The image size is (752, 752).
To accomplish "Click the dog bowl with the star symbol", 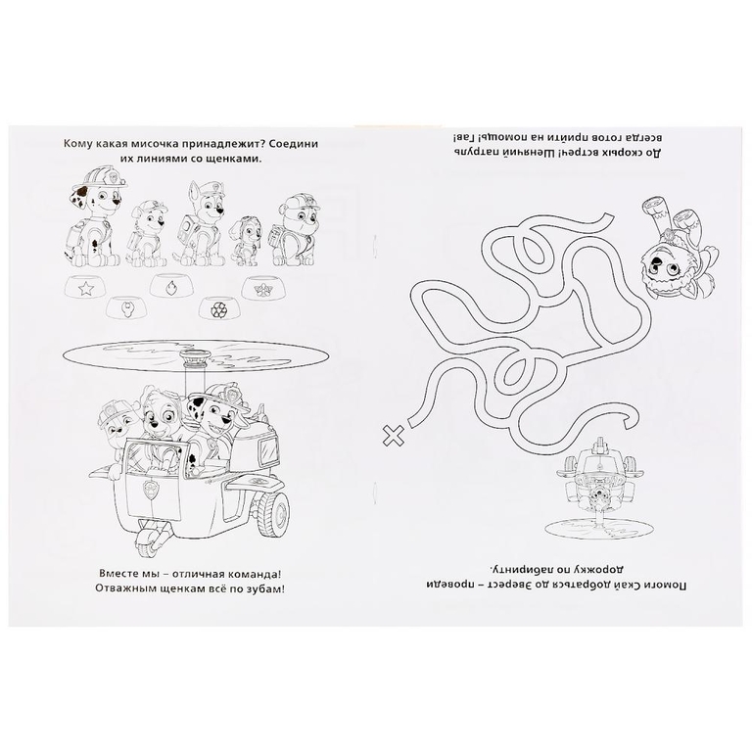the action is click(x=86, y=288).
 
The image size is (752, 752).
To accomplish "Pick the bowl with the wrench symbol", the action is click(x=126, y=307).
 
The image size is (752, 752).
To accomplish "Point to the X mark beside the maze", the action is click(x=393, y=436).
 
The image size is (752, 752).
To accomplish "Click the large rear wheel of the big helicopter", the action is click(x=273, y=515).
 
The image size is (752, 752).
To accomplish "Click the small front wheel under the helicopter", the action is click(x=145, y=543).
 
